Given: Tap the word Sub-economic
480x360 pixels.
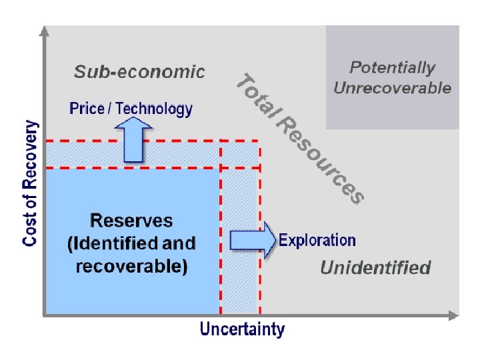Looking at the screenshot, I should (x=139, y=72).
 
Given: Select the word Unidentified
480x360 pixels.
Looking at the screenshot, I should (x=375, y=268).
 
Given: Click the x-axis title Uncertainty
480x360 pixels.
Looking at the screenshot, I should (x=242, y=329).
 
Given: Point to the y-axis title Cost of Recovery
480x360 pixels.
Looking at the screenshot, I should (x=31, y=183).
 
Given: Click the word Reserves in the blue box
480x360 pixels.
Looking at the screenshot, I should (x=131, y=221).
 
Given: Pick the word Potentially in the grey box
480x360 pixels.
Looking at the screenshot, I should (x=392, y=67).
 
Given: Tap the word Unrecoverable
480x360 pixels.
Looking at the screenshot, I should (x=392, y=88).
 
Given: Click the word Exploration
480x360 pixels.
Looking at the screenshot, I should (x=317, y=240).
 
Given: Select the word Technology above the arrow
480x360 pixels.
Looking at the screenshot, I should (x=154, y=109).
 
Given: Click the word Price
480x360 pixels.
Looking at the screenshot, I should (x=87, y=109).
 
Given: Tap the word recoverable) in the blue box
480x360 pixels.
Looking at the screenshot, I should (x=131, y=267).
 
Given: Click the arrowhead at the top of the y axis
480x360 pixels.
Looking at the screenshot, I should (x=44, y=31).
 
